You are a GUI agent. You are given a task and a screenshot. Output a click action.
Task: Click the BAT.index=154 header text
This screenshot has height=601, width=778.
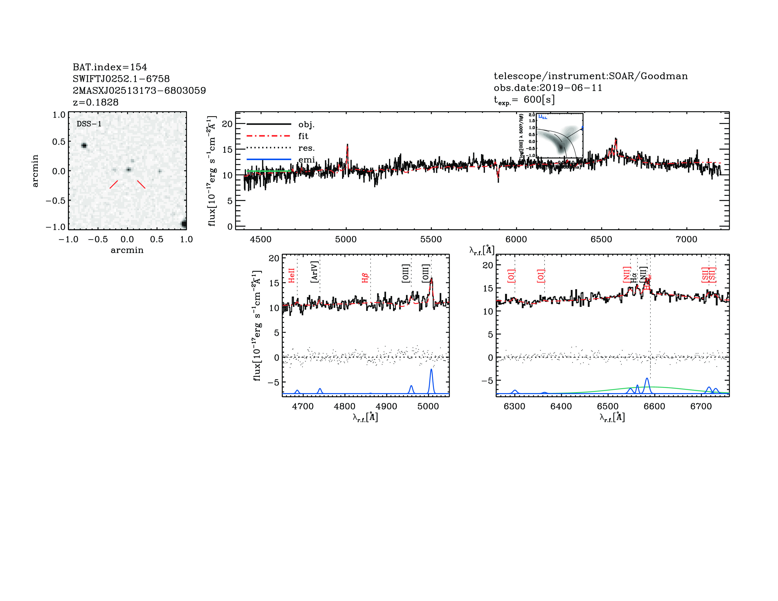pos(110,67)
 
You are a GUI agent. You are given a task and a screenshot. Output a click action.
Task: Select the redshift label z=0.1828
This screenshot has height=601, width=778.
pos(95,102)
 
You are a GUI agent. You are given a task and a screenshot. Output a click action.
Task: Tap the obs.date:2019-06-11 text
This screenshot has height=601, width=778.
pos(547,88)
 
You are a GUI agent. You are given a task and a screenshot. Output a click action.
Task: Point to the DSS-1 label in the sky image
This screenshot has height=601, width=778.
pos(89,124)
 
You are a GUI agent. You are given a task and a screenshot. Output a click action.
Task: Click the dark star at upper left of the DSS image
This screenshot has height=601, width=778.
pos(84,145)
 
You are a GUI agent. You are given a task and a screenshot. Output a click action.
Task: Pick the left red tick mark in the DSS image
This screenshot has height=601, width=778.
pos(114,184)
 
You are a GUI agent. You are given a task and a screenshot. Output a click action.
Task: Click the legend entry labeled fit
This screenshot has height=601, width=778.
pos(303,136)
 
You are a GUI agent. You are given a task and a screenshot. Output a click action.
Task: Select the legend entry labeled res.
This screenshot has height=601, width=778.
pos(306,148)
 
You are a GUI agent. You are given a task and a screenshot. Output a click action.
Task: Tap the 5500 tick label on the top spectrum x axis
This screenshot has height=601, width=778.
pos(431,239)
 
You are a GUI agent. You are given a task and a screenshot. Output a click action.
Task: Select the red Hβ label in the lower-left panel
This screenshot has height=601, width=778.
pos(365,278)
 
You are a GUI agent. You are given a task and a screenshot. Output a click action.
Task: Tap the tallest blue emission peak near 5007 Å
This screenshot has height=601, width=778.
pos(431,370)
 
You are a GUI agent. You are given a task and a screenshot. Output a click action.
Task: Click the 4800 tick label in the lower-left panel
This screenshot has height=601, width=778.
pos(344,406)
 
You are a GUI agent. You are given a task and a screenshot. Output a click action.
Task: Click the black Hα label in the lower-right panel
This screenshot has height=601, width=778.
pos(633,278)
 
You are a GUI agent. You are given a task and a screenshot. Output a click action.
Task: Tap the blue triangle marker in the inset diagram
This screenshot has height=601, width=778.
pos(582,127)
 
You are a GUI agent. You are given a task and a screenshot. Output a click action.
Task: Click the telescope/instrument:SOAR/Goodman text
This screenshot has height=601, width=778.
pos(590,76)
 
